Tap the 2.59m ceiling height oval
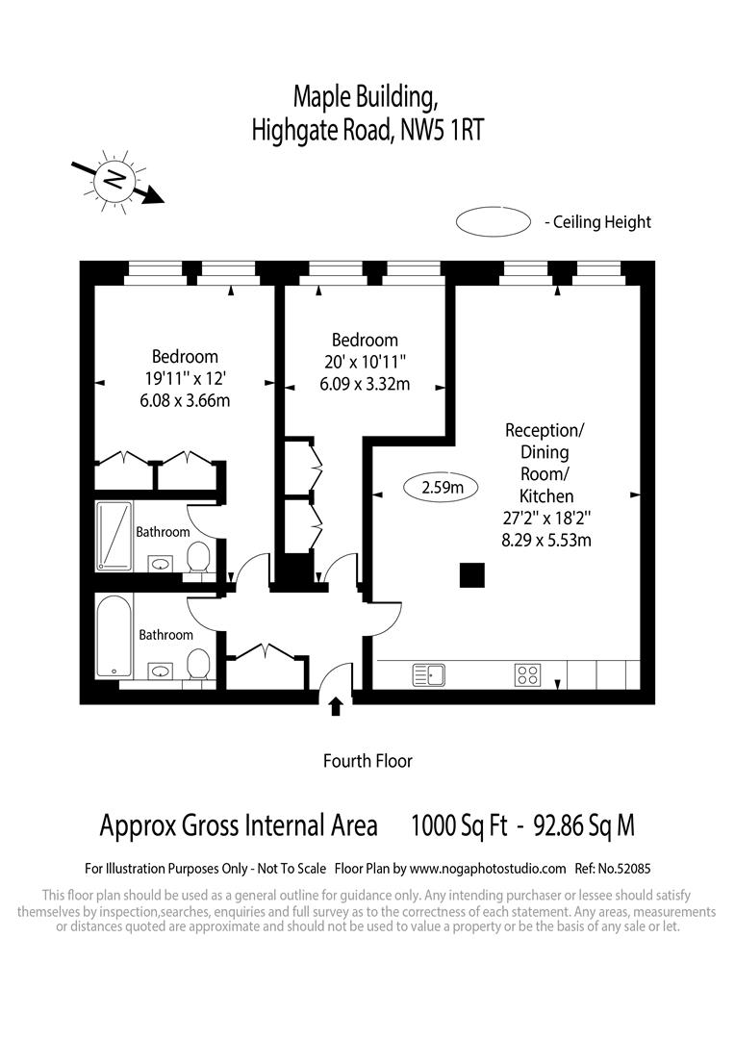click(x=443, y=488)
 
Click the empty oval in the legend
click(x=494, y=222)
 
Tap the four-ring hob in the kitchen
click(x=526, y=675)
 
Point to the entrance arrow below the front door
click(x=335, y=707)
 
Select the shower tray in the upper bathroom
click(x=115, y=535)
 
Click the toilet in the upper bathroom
click(x=198, y=558)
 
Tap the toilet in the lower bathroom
click(x=198, y=665)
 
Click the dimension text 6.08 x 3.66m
click(x=185, y=400)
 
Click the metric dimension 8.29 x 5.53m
click(x=546, y=540)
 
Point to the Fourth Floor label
click(x=367, y=761)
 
